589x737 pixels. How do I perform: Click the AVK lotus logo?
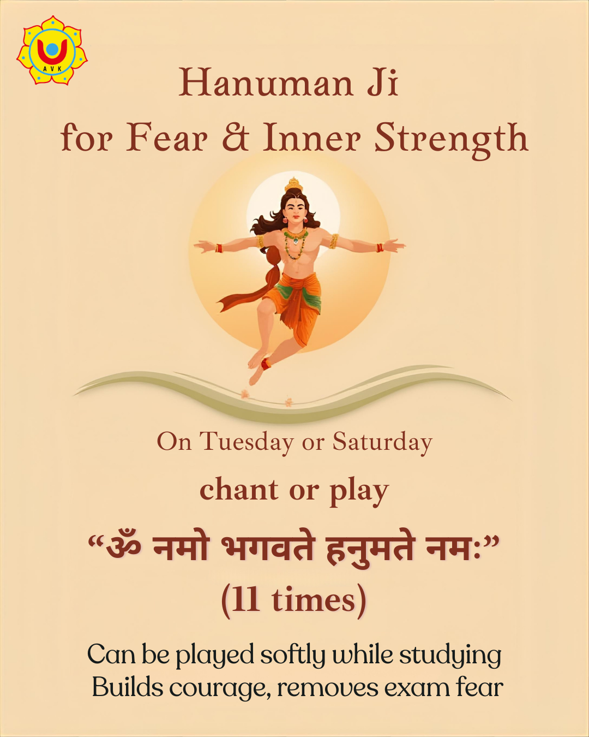click(52, 50)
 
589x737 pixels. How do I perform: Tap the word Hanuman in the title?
click(266, 82)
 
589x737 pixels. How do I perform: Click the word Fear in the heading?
click(167, 138)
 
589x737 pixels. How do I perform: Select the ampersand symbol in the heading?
click(236, 138)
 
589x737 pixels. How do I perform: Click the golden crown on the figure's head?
click(293, 185)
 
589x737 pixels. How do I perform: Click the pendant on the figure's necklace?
click(295, 242)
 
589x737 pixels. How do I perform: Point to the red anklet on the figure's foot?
click(265, 364)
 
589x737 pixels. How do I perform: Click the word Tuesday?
click(247, 442)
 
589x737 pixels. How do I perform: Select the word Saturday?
click(383, 442)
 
